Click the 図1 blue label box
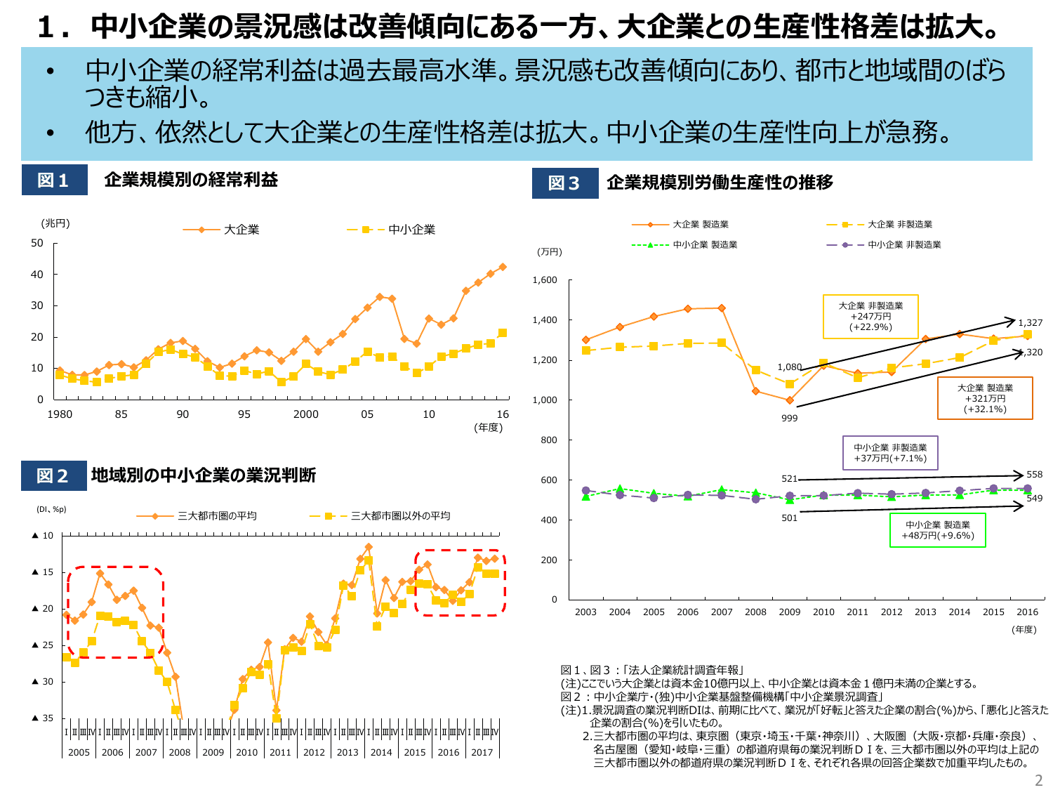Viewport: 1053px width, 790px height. pos(54,180)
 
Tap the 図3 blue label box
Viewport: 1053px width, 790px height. pos(564,183)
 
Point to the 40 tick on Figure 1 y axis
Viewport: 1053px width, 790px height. pos(37,275)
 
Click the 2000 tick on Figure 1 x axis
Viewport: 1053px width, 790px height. pos(305,414)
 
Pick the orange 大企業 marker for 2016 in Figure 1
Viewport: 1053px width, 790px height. pos(503,267)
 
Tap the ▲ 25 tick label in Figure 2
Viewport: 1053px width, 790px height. pos(43,645)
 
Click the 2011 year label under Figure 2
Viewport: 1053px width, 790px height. pos(280,752)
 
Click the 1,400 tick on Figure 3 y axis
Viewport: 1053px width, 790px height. pos(545,320)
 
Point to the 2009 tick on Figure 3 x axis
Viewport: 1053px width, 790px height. pos(789,612)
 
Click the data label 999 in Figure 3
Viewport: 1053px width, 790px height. pos(789,419)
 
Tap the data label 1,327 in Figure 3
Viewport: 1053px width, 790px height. pos(1030,323)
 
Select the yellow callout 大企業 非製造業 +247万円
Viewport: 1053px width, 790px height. pos(870,316)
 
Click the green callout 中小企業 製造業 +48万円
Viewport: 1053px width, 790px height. pos(937,530)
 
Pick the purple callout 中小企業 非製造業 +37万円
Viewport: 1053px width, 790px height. pos(890,453)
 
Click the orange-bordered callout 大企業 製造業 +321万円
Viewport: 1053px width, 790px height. pos(985,398)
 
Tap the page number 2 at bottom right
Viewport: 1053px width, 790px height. pos(1039,780)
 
